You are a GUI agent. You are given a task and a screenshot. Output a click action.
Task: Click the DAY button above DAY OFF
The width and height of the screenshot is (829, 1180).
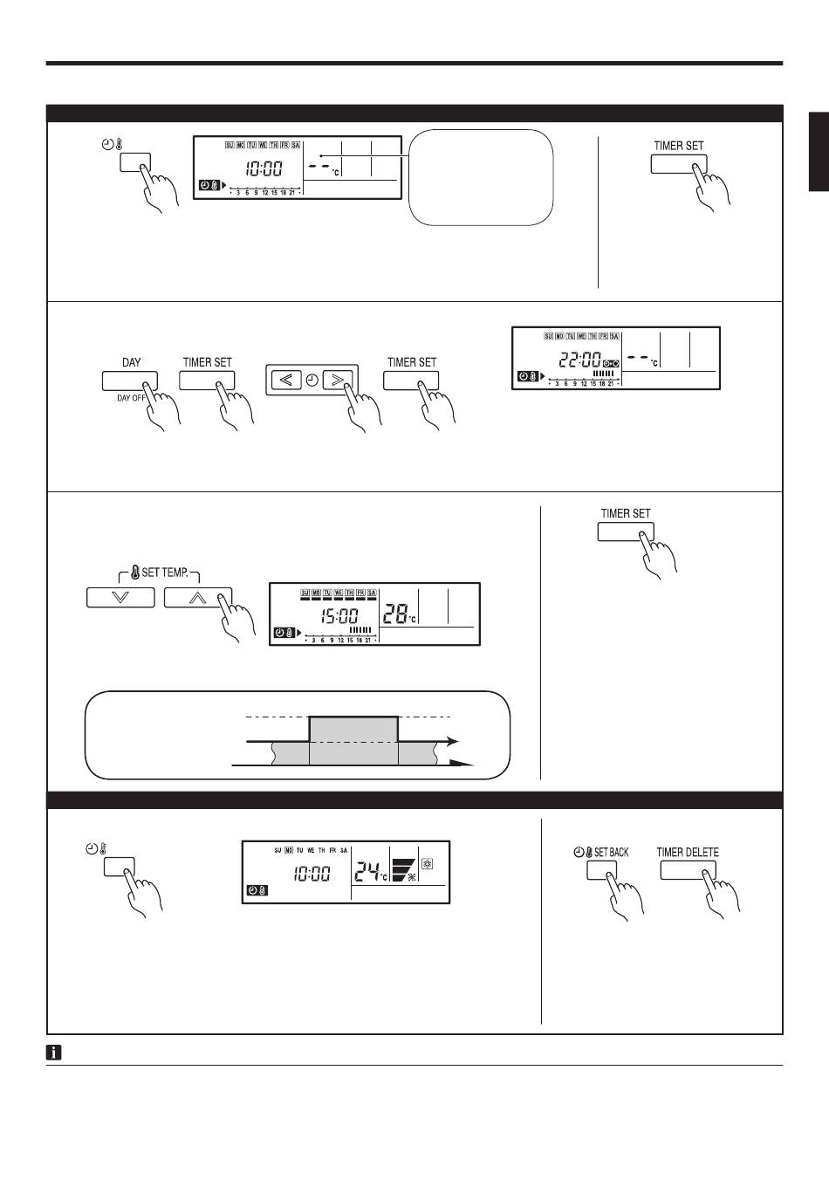130,381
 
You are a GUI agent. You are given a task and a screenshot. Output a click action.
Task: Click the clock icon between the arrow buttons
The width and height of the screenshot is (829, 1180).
312,380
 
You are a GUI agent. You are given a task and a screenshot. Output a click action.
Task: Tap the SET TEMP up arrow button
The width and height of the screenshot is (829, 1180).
198,598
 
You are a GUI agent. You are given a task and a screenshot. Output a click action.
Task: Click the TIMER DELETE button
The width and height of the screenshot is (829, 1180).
688,870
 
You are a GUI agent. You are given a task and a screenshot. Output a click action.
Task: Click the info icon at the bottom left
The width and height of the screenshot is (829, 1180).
53,1053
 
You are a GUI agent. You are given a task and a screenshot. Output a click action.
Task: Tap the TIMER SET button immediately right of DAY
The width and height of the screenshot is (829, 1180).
207,381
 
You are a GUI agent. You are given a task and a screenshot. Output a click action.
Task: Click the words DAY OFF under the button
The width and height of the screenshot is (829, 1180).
131,398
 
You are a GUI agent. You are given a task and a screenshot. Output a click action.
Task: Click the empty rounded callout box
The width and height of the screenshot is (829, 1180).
481,177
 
